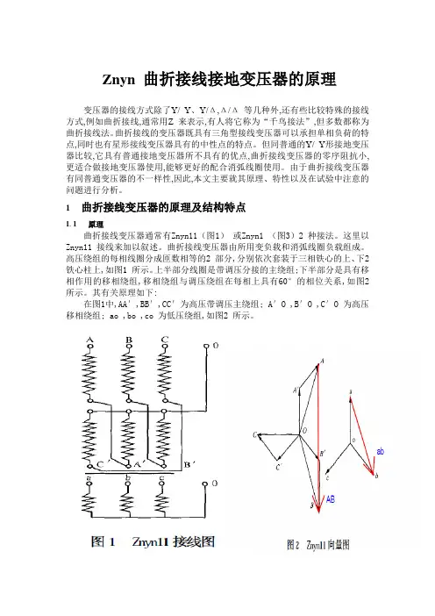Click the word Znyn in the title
[121, 77]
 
